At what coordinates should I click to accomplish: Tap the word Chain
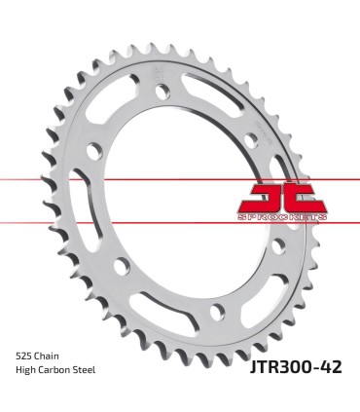tap(52, 356)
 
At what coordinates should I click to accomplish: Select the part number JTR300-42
tap(289, 366)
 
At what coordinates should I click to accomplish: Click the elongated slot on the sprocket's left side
tap(91, 206)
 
